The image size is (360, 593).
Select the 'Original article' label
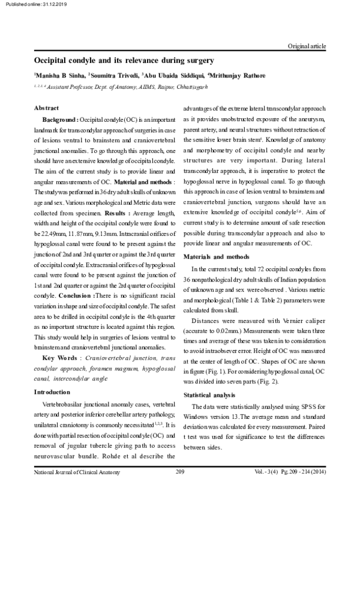tap(307, 46)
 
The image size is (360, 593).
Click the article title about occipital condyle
tap(124, 61)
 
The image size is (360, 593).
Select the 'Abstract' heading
tap(46, 109)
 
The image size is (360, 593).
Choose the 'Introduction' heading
tap(52, 392)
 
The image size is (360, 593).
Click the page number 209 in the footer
tap(179, 472)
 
